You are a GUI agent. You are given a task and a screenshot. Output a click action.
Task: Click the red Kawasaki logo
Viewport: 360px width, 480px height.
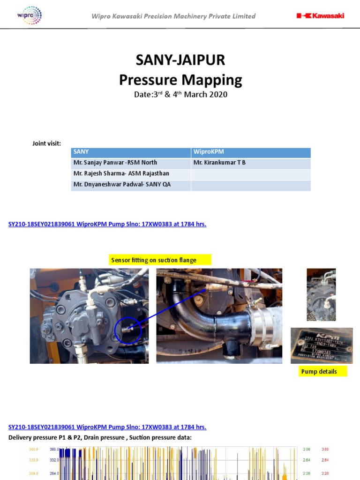click(320, 15)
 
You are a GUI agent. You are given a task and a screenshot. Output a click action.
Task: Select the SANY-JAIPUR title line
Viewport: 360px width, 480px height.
click(180, 60)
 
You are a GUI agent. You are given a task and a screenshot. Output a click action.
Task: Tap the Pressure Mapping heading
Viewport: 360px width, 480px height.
click(180, 80)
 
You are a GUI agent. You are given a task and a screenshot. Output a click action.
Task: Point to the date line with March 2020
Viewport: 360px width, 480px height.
click(180, 94)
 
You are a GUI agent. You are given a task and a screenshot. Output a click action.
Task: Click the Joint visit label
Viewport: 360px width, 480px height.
click(46, 143)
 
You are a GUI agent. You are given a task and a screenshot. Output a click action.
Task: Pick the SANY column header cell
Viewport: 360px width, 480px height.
click(131, 152)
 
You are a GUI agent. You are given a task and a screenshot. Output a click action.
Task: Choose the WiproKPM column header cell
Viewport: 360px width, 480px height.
click(251, 152)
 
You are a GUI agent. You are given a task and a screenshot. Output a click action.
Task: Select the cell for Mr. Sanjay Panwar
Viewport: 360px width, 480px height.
click(131, 163)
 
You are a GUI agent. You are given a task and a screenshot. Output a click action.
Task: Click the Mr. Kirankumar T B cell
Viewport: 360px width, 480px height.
click(251, 163)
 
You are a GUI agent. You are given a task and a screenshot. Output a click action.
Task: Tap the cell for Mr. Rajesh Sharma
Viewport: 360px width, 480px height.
click(131, 173)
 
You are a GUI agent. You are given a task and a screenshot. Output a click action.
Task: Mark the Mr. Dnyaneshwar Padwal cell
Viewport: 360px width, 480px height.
click(131, 185)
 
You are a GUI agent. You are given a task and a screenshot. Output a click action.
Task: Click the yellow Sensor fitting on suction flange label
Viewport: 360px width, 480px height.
click(159, 260)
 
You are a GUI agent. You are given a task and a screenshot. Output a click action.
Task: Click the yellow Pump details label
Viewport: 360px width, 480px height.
click(319, 371)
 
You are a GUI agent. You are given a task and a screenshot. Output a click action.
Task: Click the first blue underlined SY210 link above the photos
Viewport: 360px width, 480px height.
click(107, 224)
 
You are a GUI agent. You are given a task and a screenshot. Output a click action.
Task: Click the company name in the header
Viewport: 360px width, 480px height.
click(173, 16)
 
